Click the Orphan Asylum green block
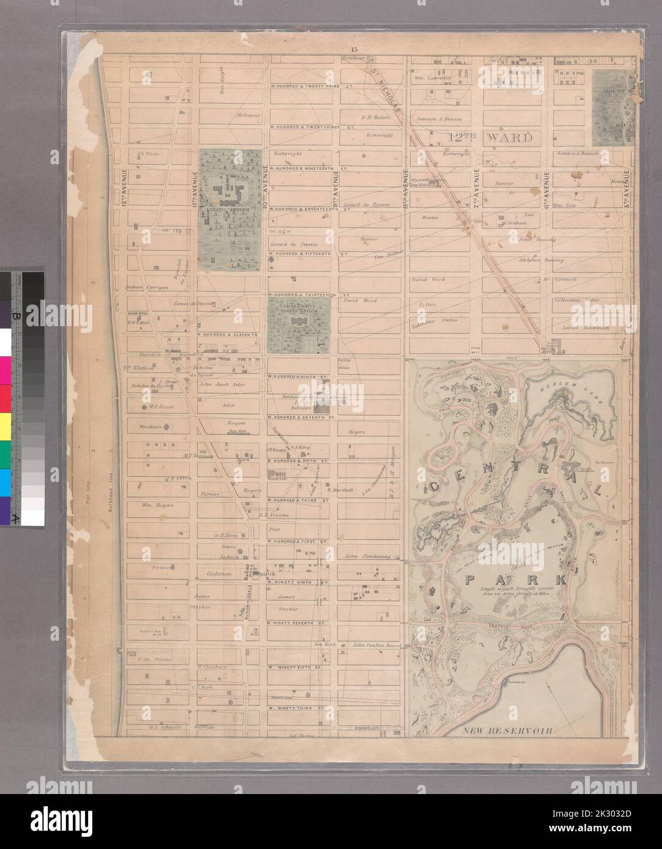(x=299, y=324)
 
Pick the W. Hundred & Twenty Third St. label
(x=312, y=86)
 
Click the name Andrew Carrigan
(x=142, y=288)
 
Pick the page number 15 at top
(x=354, y=49)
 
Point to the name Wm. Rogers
(x=158, y=505)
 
